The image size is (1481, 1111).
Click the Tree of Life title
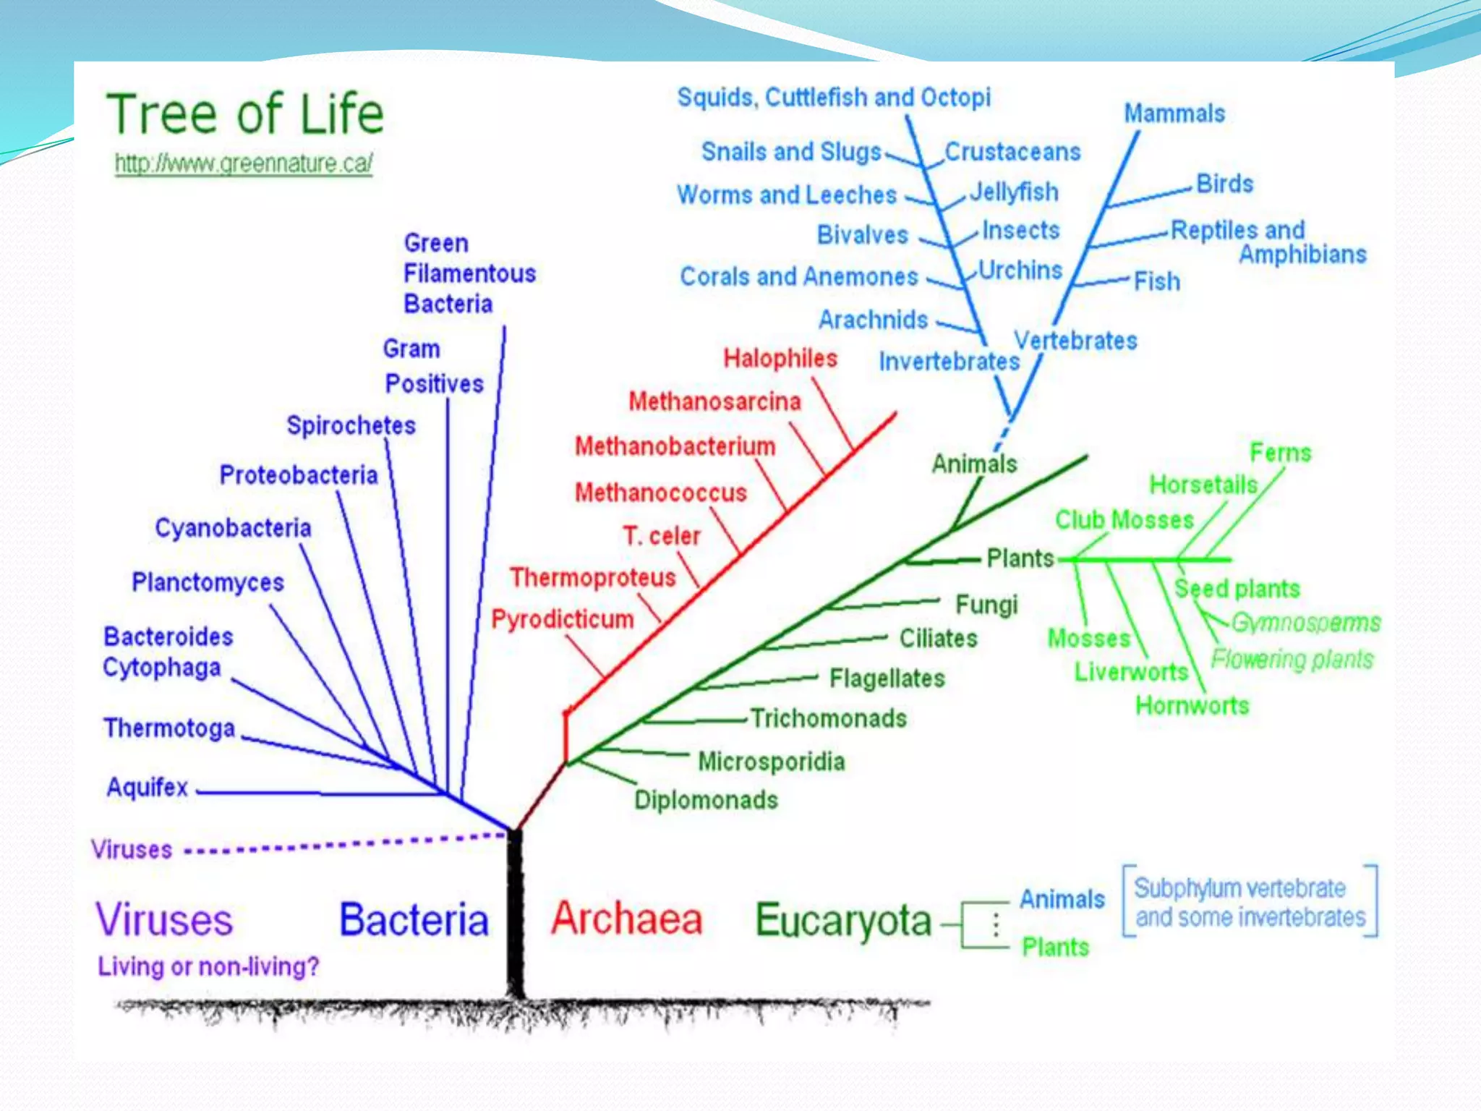coord(245,114)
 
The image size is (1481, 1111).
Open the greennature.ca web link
coord(244,163)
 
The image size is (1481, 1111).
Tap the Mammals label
coord(1174,114)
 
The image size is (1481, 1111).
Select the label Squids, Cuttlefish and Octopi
coord(834,97)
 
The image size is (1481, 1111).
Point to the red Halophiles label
coord(780,358)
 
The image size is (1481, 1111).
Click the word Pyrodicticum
coord(563,619)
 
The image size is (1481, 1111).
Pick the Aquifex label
coord(148,787)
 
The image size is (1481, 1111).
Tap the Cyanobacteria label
coord(233,528)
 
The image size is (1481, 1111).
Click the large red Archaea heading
coord(626,919)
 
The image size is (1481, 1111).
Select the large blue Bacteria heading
coord(414,920)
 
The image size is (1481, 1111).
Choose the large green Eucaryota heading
coord(843,921)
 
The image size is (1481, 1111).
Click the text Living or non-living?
coord(208,966)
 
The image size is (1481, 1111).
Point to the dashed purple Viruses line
coord(347,843)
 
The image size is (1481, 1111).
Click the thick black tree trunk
coord(515,919)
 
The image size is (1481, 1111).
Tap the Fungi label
coord(986,605)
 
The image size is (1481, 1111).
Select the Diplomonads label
coord(706,800)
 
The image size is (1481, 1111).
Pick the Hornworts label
coord(1192,705)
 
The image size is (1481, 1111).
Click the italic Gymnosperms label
coord(1305,623)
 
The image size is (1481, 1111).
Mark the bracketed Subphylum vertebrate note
coord(1250,902)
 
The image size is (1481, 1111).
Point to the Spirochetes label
coord(351,425)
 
